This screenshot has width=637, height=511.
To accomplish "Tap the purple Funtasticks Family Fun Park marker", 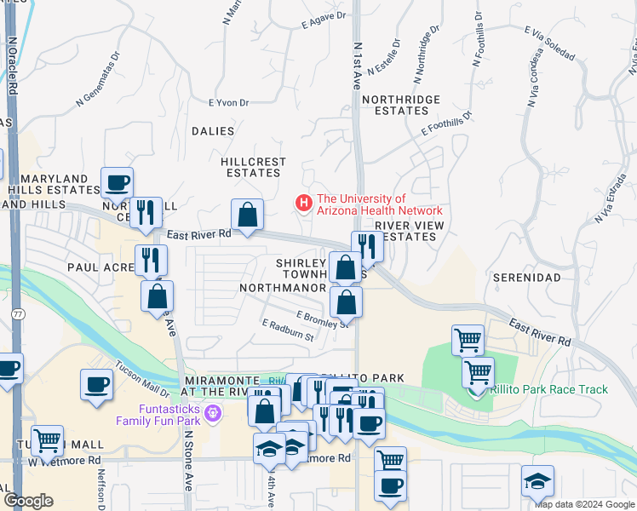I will (213, 414).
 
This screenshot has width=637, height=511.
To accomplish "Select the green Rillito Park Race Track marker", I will (479, 389).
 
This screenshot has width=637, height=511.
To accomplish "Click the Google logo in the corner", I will (28, 501).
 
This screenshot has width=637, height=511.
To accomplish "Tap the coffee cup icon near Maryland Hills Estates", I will (118, 182).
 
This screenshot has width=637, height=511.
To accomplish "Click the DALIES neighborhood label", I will (212, 131).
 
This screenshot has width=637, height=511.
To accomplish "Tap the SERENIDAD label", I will (526, 278).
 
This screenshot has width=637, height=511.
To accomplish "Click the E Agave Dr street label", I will (324, 20).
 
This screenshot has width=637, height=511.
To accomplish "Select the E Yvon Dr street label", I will (228, 103).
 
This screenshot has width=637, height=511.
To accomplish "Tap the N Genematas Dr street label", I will (110, 86).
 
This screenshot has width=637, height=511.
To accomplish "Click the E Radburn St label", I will (288, 330).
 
